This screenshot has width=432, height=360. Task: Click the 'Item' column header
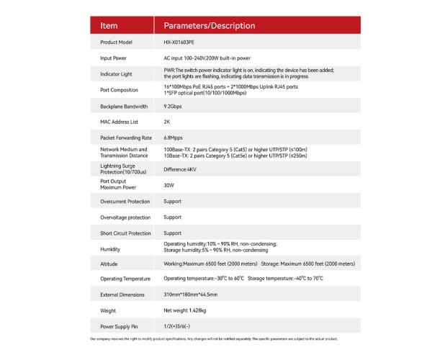109,26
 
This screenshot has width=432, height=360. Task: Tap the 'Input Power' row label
114,58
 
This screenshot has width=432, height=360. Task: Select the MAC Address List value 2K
168,122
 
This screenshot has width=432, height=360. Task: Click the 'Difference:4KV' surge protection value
180,169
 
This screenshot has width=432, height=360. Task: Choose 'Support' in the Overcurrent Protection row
173,201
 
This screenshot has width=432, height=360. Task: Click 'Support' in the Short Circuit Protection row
173,233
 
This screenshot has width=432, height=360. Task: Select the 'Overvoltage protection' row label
125,217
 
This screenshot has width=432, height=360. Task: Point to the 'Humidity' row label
111,248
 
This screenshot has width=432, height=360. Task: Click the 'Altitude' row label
110,264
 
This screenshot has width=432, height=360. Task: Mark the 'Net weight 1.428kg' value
186,310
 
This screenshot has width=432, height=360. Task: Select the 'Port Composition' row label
119,89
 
